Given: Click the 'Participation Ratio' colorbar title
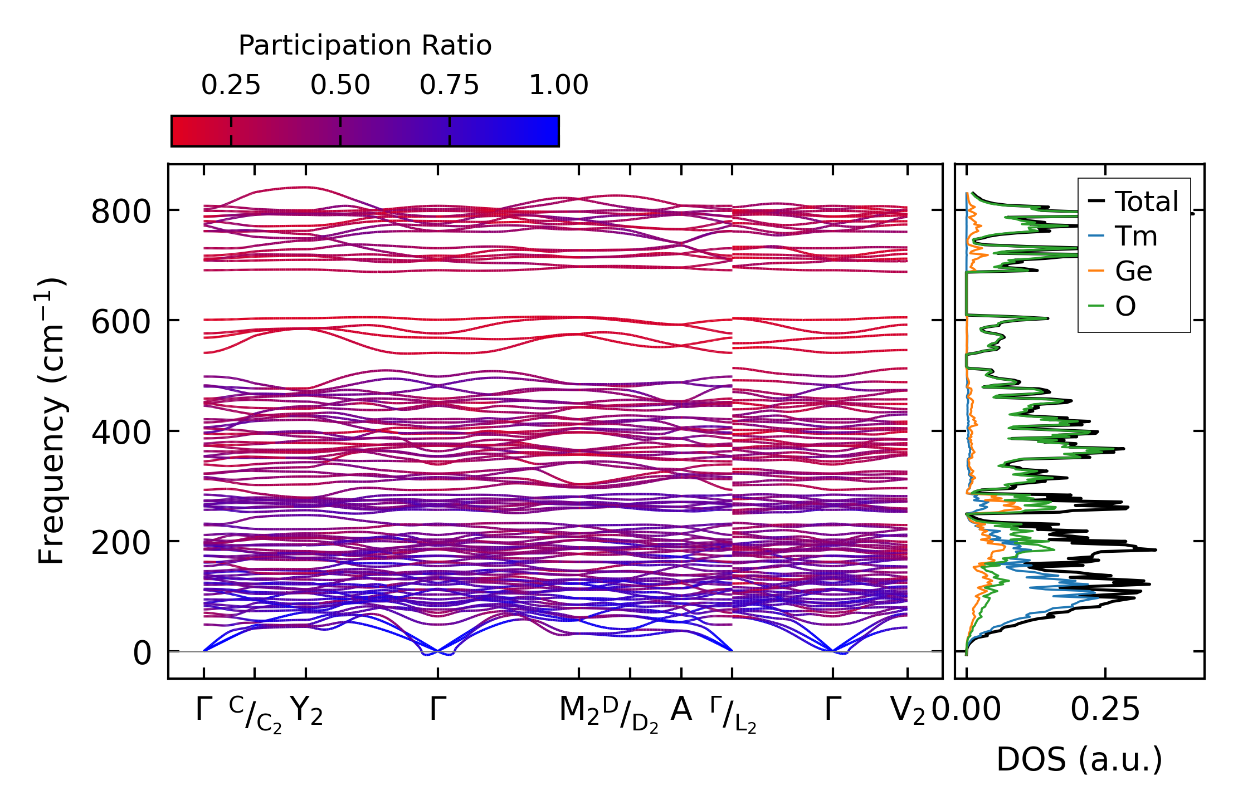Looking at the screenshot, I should pos(365,46).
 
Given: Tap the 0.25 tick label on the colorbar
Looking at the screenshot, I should pos(231,85).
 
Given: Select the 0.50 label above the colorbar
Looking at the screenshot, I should pos(340,85).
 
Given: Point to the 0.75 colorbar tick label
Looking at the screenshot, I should pos(449,85).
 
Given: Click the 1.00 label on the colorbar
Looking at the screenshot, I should pos(558,85).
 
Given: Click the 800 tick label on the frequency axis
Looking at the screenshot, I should pos(121,212).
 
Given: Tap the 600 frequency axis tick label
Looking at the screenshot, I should pos(121,322).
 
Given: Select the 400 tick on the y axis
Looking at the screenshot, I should pos(121,433).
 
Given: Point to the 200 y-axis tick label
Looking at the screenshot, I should pos(121,543).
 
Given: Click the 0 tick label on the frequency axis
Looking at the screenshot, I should pos(142,653).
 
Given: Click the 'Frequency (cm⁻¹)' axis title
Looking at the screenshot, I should pos(52,421).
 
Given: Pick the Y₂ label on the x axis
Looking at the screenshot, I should pos(306,711).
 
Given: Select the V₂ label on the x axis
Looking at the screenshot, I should pos(908,711).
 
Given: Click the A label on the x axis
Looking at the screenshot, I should pos(681,710).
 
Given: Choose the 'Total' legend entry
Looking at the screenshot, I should pos(1147,202).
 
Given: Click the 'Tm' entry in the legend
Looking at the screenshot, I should pos(1136,237).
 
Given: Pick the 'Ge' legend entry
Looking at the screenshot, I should pos(1133,272).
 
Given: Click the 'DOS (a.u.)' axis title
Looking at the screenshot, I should pos(1079,760).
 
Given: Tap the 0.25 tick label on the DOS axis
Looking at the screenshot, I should pos(1105,710).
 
